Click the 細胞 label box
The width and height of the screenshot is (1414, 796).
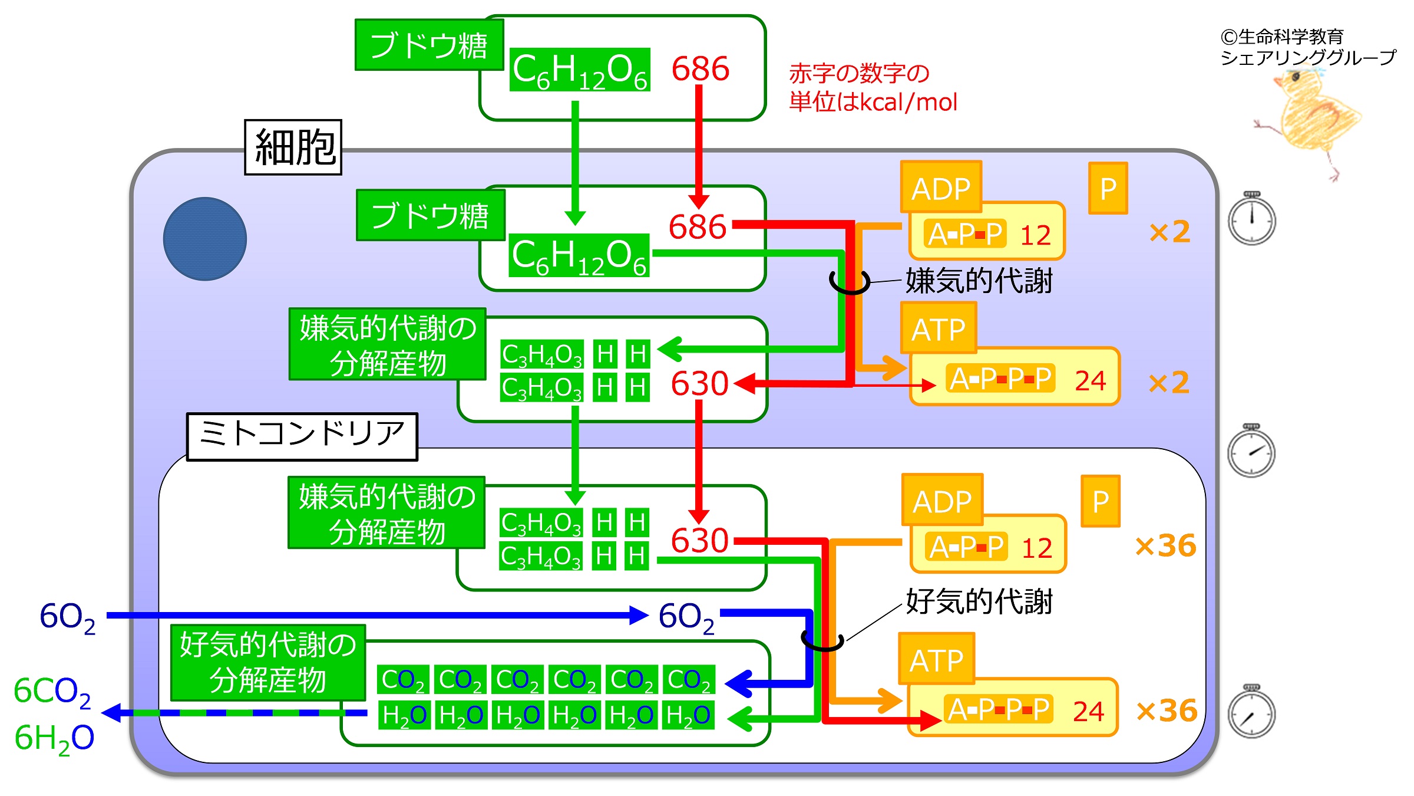coord(293,147)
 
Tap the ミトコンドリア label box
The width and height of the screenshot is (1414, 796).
coord(302,436)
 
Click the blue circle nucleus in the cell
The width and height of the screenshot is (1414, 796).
coord(205,239)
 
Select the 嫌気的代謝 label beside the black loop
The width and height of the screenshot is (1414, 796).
coord(979,281)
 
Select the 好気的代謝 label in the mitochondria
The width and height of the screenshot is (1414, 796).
coord(979,601)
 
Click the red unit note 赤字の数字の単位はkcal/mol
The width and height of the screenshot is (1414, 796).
coord(873,88)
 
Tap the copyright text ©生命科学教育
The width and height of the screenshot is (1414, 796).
coord(1282,37)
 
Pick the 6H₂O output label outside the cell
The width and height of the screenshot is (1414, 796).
coord(54,739)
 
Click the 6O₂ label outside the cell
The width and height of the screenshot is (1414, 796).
coord(67,618)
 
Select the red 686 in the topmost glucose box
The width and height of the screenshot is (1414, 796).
coord(701,68)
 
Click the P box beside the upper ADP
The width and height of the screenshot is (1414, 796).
coord(1108,188)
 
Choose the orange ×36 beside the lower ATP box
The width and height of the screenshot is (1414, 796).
coord(1167,711)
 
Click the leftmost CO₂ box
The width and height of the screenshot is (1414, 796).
coord(403,679)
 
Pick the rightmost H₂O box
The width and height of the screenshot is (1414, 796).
coord(688,715)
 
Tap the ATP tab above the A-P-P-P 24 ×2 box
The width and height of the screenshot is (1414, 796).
coord(938,328)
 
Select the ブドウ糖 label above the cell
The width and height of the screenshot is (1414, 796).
coord(429,45)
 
